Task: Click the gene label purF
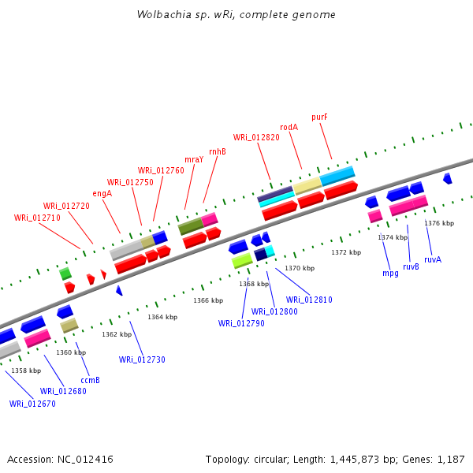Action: (319, 117)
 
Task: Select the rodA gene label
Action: (289, 127)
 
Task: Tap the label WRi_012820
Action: (256, 137)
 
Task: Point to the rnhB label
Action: (217, 151)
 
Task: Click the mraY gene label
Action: (194, 159)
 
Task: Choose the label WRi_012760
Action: (161, 170)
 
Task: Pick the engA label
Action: (102, 193)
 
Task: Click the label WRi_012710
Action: (37, 218)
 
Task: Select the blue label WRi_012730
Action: (142, 359)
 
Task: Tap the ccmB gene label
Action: (90, 380)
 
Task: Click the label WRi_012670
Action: (32, 404)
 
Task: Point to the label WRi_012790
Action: (241, 323)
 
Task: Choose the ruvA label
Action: (433, 259)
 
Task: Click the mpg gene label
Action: (390, 273)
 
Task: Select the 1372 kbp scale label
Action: (346, 252)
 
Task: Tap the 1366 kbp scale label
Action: (208, 300)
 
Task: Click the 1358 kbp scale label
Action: (26, 371)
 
